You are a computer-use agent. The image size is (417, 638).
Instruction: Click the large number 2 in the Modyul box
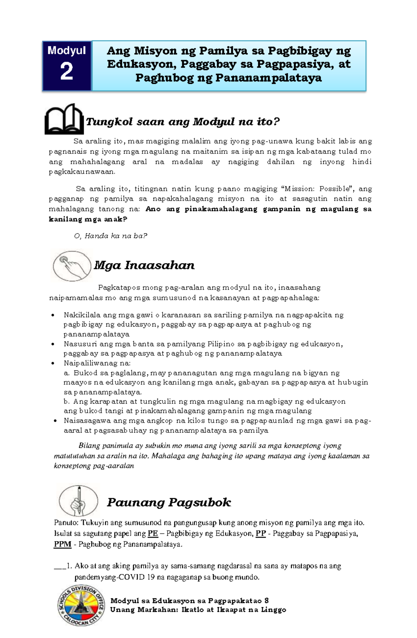coord(66,72)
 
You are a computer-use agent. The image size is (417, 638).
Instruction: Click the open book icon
coord(64,119)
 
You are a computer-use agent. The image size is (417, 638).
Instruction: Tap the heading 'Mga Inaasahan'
coord(144,265)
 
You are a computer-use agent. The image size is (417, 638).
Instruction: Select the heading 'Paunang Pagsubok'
coord(169,502)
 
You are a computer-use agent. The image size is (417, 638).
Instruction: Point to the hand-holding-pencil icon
coord(78,501)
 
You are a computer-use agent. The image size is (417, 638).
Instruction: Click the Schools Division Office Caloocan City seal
coord(81,605)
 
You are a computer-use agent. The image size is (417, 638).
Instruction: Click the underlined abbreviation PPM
coord(63,544)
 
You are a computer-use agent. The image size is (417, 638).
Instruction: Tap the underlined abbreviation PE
coord(153,534)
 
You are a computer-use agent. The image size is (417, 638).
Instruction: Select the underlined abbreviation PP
coord(261,534)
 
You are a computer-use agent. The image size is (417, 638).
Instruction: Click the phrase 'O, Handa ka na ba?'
coord(111,236)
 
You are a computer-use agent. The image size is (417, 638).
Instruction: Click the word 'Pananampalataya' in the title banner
coord(268,78)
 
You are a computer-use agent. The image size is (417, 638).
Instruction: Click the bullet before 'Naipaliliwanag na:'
coord(53,363)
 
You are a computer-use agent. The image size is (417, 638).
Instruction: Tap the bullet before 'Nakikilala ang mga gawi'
coord(53,315)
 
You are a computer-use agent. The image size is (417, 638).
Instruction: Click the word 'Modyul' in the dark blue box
coord(66,50)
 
